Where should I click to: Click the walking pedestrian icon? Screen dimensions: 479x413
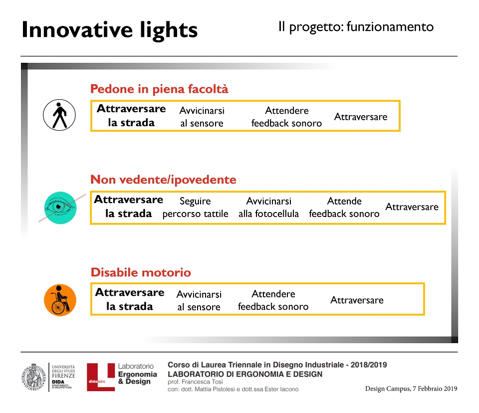59,115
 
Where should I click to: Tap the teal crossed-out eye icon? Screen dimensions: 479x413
60,207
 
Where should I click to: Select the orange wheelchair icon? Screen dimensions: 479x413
60,300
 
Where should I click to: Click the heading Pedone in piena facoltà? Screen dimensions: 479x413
159,89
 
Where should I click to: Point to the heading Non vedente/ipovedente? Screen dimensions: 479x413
164,180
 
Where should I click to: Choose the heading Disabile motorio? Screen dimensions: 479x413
141,272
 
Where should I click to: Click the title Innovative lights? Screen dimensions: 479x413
110,30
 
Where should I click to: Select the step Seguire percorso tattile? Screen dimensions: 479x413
195,207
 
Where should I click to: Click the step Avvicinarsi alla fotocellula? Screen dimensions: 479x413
269,207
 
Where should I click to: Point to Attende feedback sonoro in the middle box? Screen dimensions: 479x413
344,207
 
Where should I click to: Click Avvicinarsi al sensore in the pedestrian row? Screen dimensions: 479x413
202,117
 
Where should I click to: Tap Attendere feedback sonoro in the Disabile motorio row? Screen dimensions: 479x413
273,300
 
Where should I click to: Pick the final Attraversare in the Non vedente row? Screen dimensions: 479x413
412,207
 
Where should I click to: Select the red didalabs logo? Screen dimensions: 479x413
101,377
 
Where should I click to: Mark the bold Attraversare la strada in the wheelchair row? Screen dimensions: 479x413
130,299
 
